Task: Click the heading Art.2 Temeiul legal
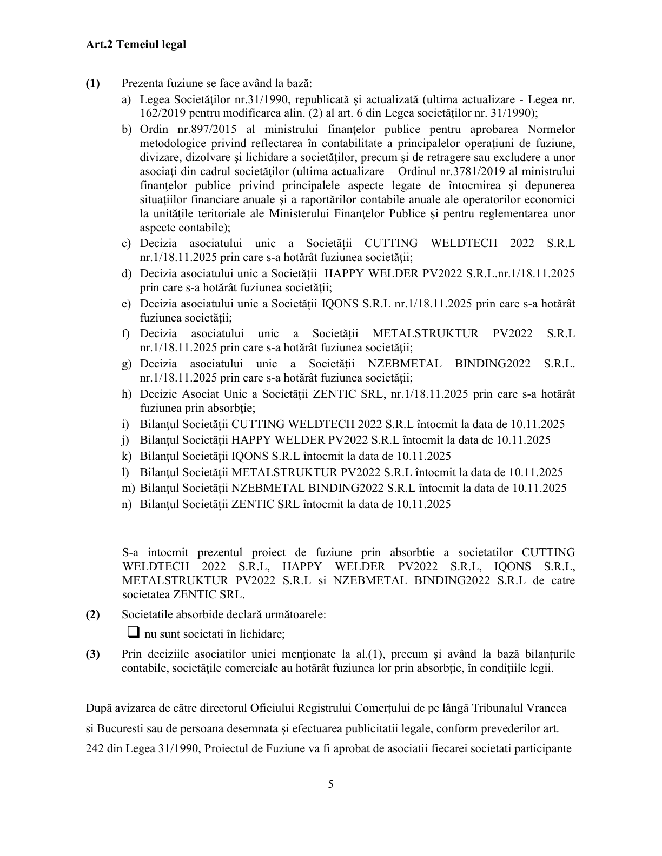pos(135,44)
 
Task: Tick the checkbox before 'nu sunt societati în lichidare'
pos(133,632)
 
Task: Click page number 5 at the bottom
pos(330,784)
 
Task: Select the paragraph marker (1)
pos(92,84)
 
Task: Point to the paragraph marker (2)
pos(92,615)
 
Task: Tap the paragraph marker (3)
pos(92,654)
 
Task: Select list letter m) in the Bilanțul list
pos(128,489)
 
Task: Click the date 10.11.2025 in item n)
pos(423,505)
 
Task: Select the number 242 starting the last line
pos(95,749)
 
